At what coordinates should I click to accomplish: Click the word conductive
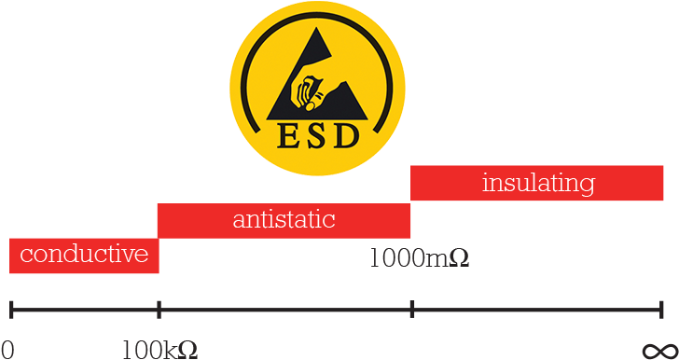[84, 254]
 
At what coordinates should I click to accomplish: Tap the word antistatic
[284, 220]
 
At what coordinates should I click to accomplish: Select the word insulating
[538, 183]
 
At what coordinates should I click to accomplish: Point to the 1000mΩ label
[419, 258]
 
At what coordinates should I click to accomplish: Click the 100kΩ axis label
[159, 350]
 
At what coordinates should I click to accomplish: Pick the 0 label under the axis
[7, 350]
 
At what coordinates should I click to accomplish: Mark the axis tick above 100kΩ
[159, 309]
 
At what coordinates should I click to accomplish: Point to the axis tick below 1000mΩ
[411, 309]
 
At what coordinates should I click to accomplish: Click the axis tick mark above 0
[10, 309]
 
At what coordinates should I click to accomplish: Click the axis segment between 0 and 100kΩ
[84, 309]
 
